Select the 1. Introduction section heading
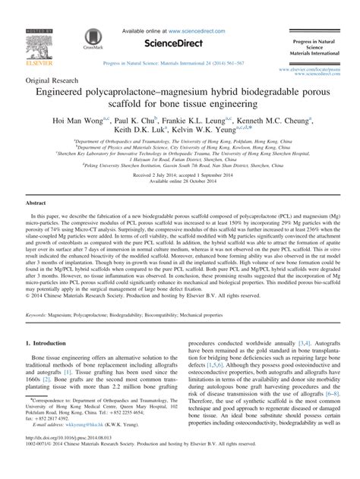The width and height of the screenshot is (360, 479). tap(55, 364)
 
